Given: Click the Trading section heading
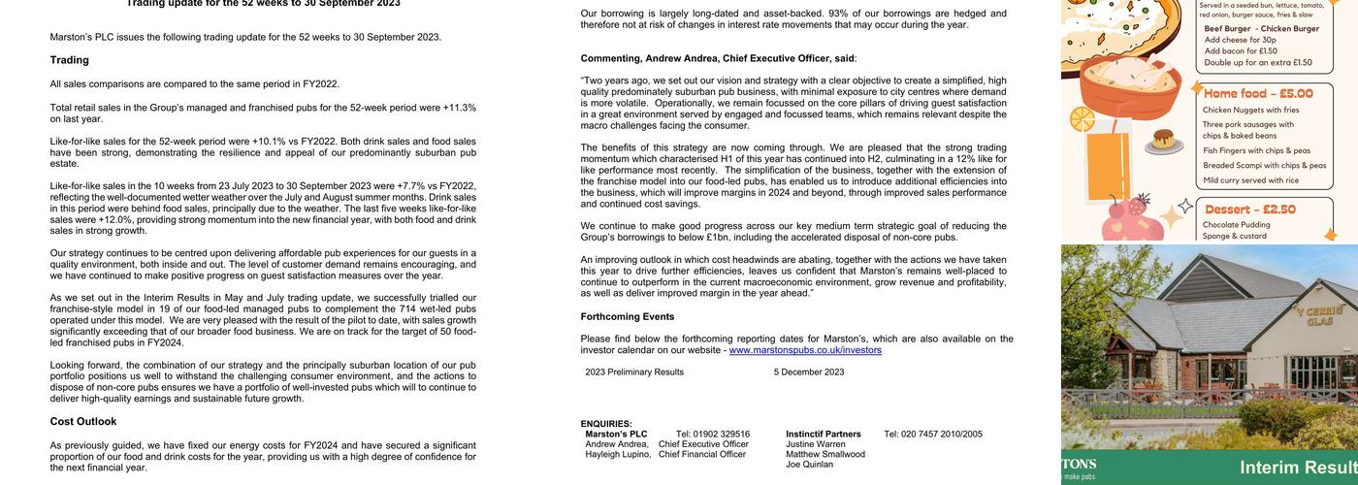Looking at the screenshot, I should click(70, 60).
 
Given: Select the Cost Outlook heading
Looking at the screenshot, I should click(83, 422).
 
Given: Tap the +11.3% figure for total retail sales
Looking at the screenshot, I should click(459, 108).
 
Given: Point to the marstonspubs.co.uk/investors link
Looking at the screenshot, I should click(805, 350).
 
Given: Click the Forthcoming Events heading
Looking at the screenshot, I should click(628, 317).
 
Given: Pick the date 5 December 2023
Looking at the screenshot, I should click(809, 372).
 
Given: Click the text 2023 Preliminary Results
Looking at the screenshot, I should click(634, 372).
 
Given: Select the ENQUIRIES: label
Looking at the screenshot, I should click(606, 424).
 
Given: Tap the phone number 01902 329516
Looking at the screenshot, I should click(713, 435).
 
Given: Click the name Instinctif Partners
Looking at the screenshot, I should click(824, 435).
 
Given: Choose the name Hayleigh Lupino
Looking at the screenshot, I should click(618, 454).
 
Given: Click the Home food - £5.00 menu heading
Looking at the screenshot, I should click(1258, 94).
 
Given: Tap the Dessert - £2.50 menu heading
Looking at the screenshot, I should click(1250, 210).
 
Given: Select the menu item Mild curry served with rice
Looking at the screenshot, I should click(1250, 180).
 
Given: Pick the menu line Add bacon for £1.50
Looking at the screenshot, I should click(1234, 51).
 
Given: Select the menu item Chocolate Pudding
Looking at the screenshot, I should click(1236, 225).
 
